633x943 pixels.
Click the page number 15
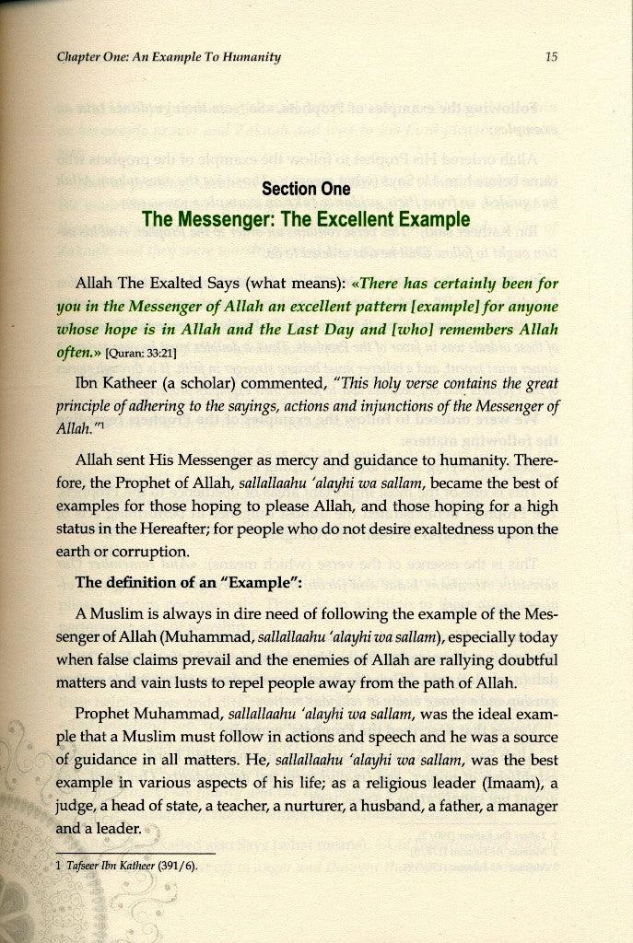(552, 57)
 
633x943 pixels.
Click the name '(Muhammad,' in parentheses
(220, 634)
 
